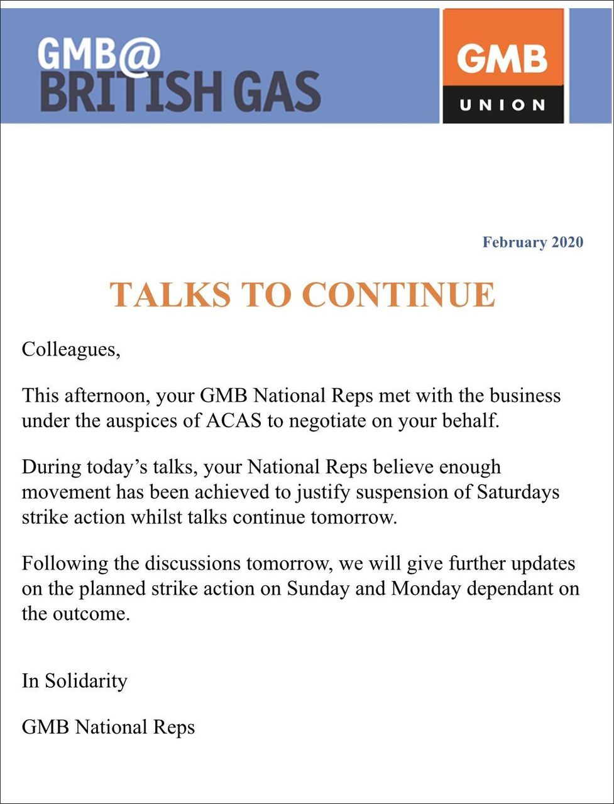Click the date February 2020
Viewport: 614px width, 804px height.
532,242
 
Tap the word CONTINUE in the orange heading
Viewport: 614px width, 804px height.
398,295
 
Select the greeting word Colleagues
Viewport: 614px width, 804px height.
70,349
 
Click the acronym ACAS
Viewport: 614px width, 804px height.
234,420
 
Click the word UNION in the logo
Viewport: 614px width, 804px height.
503,105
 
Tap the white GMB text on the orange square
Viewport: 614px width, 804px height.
502,60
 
